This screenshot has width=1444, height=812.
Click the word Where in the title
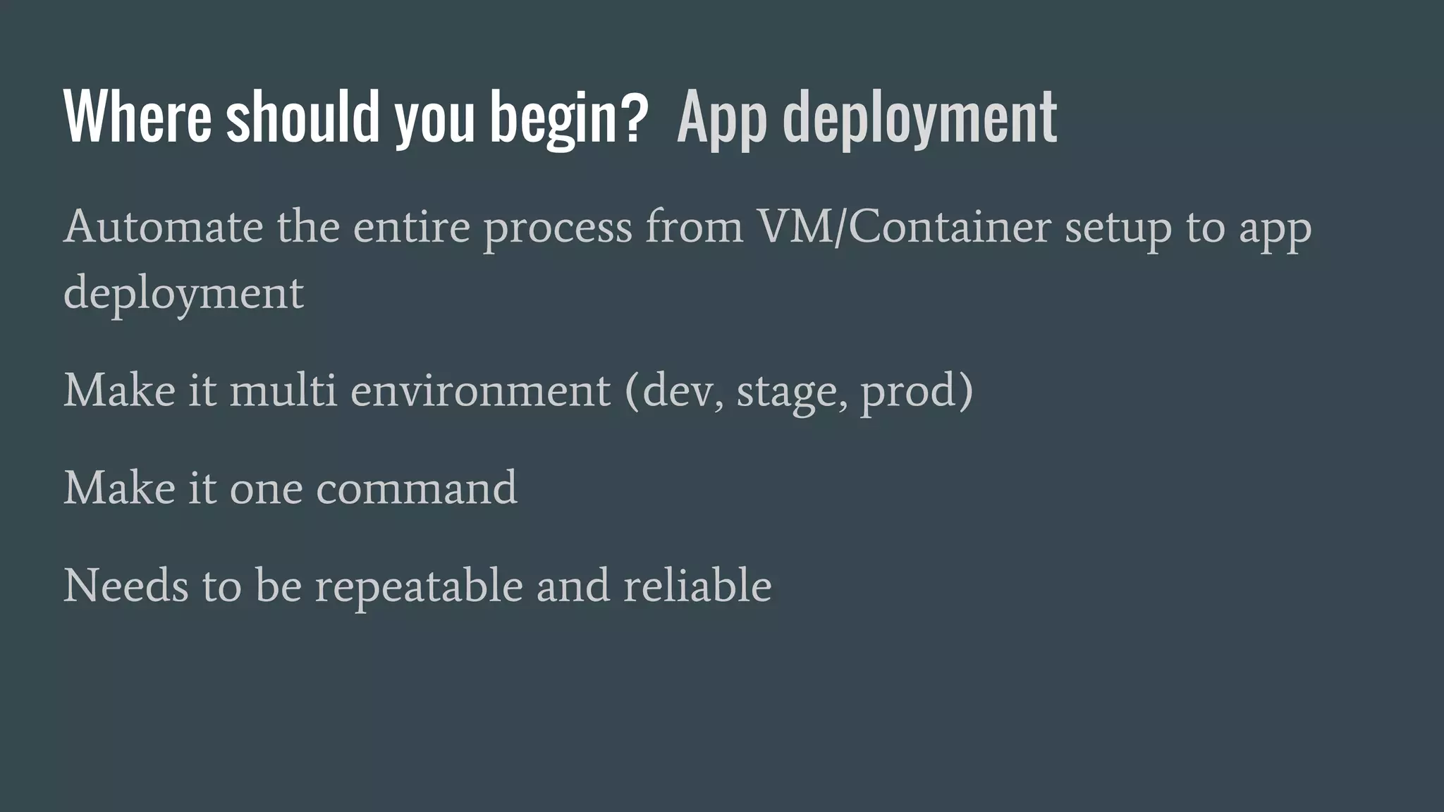(x=137, y=116)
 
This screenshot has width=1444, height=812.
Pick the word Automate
(x=163, y=227)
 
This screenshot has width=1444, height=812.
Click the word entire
(x=411, y=227)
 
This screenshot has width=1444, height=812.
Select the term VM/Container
(x=903, y=227)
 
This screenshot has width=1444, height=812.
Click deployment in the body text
(x=183, y=293)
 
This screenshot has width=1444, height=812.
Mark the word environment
(x=480, y=391)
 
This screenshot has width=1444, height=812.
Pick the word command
(x=416, y=488)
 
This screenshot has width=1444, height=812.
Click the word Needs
(x=126, y=585)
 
